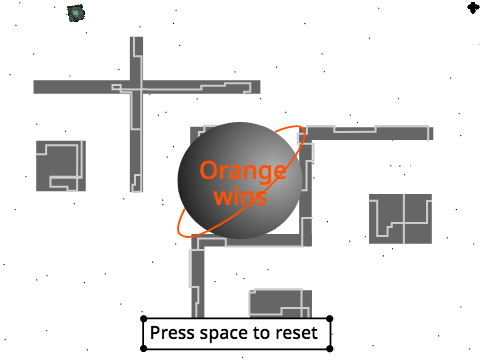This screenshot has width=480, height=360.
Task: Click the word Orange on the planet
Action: coord(243,172)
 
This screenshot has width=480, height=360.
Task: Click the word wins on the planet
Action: coord(240,196)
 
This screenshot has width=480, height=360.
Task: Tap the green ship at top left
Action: coord(76,13)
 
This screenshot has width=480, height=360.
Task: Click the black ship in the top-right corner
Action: coord(473,7)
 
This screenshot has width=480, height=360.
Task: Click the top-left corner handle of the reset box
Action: coord(144,319)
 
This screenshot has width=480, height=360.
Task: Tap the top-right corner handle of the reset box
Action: coord(330,319)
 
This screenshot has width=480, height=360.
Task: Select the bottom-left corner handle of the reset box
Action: coord(144,349)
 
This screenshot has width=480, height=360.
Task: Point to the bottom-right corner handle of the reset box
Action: coord(330,349)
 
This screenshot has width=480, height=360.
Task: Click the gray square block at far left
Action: coord(61,166)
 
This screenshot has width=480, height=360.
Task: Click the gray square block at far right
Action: coord(400,219)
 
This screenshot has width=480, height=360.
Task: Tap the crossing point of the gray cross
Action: coord(136,87)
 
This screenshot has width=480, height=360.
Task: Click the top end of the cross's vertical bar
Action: coord(136,37)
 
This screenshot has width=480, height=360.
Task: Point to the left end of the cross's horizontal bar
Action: coord(34,87)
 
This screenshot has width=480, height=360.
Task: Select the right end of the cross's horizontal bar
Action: coord(260,87)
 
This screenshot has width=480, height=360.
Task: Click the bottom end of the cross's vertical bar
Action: coord(136,191)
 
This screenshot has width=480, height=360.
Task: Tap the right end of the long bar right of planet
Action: coord(432,133)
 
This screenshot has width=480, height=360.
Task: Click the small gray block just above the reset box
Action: coord(281,303)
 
